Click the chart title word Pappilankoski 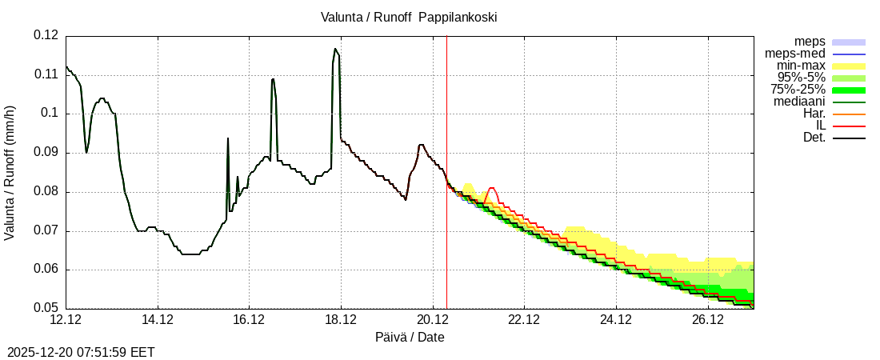click(x=458, y=17)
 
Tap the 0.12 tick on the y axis click(x=46, y=35)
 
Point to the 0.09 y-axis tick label click(x=46, y=152)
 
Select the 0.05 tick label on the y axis click(x=46, y=308)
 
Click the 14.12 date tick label click(x=158, y=320)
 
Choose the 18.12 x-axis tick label click(x=341, y=320)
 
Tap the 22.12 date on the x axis click(x=524, y=320)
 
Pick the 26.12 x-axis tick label click(x=707, y=320)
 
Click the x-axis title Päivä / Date click(x=410, y=337)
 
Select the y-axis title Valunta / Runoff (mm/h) click(x=10, y=172)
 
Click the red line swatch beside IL click(x=849, y=126)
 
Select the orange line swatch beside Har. click(x=849, y=114)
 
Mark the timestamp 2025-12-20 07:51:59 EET click(x=81, y=352)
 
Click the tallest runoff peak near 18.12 click(x=335, y=49)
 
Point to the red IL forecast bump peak click(x=492, y=188)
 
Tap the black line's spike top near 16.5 click(x=273, y=78)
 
